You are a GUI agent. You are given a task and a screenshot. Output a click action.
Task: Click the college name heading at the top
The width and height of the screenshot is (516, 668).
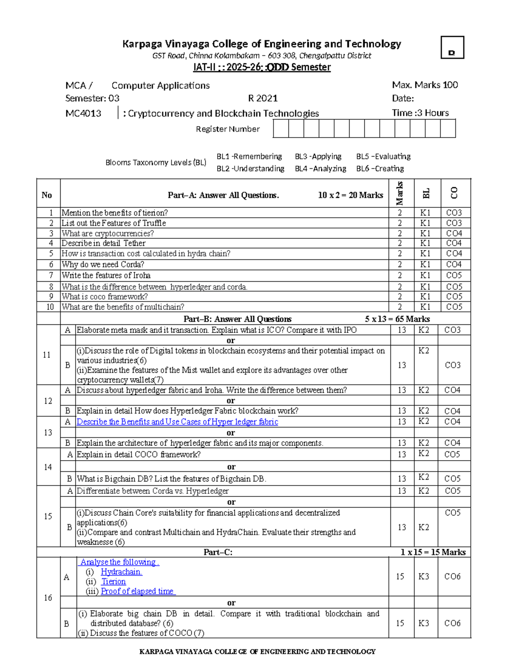tap(261, 44)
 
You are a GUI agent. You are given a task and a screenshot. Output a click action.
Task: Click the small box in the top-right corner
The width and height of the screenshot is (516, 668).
tap(452, 47)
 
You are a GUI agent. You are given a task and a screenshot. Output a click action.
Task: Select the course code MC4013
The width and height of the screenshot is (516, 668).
tap(83, 114)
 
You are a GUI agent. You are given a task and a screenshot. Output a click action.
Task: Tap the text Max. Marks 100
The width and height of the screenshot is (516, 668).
tap(425, 85)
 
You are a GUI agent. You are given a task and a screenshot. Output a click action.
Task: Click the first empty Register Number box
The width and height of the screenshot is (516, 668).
tap(281, 129)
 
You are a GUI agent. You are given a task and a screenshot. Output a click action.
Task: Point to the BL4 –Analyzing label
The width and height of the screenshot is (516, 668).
tap(320, 169)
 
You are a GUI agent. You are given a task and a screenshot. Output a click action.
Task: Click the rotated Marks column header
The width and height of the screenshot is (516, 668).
tap(399, 193)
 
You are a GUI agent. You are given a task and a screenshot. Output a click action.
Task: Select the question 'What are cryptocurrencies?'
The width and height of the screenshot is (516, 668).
tap(107, 233)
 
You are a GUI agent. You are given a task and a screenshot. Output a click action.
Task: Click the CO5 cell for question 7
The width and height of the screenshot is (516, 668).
tap(454, 275)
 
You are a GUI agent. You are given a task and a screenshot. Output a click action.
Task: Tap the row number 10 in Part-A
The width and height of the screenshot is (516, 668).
tap(50, 307)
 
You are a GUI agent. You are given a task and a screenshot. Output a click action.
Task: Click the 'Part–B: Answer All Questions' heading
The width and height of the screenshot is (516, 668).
tap(237, 319)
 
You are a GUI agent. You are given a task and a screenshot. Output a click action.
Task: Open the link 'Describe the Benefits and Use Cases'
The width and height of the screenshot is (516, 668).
tap(177, 422)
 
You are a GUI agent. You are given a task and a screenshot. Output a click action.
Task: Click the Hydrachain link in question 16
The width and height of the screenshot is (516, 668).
tap(121, 572)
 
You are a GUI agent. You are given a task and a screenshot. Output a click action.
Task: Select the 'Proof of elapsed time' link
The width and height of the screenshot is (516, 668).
tap(138, 591)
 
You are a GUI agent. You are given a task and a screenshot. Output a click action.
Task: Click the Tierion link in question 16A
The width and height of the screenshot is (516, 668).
tap(114, 582)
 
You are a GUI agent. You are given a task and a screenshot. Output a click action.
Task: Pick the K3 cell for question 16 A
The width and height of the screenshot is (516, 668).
tap(424, 576)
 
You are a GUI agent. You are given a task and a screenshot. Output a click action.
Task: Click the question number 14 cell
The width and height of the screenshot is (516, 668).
tap(48, 467)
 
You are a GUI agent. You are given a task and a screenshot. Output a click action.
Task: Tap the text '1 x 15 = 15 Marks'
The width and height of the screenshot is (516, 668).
tap(433, 552)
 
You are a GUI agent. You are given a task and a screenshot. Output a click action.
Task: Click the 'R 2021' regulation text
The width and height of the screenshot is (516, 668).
tap(263, 99)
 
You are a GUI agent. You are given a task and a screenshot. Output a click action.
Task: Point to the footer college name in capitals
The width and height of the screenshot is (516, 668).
tap(257, 652)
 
